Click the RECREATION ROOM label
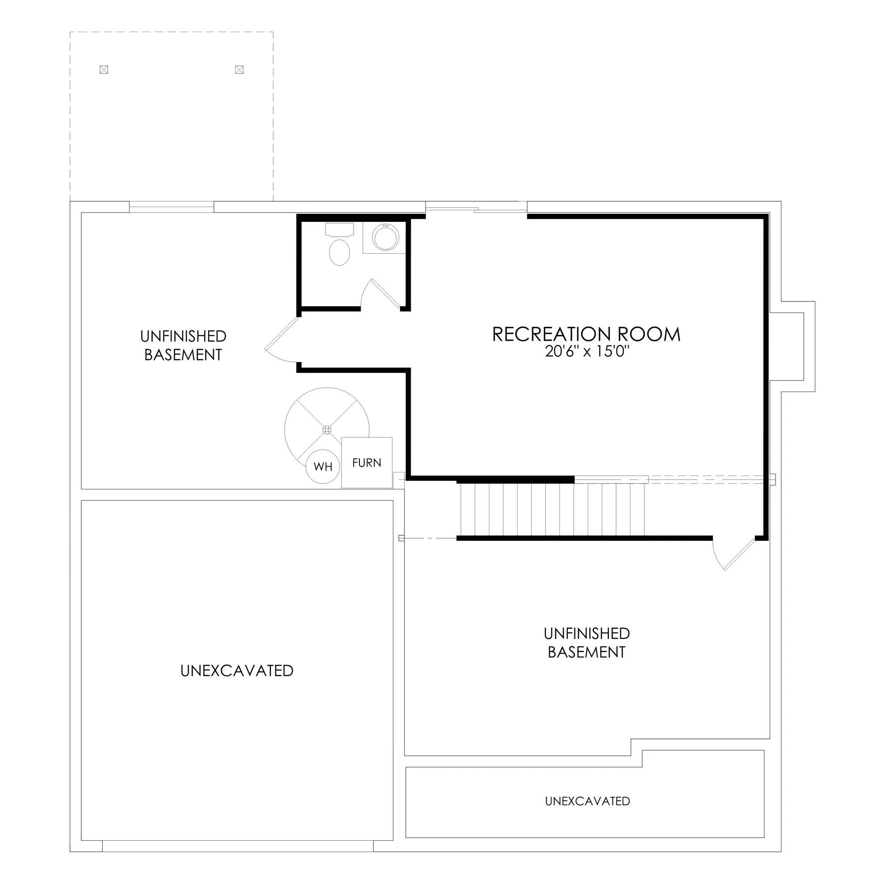pyautogui.click(x=586, y=334)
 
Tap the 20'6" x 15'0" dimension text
pyautogui.click(x=588, y=352)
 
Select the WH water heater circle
pyautogui.click(x=323, y=467)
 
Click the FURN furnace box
pyautogui.click(x=367, y=463)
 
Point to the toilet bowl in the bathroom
pyautogui.click(x=340, y=252)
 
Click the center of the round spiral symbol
pyautogui.click(x=327, y=430)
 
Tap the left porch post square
pyautogui.click(x=104, y=70)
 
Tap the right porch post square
pyautogui.click(x=239, y=70)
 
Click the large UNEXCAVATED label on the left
pyautogui.click(x=237, y=671)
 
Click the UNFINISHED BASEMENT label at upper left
pyautogui.click(x=183, y=345)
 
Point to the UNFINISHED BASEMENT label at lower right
pyautogui.click(x=587, y=643)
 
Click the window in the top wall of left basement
pyautogui.click(x=171, y=207)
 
